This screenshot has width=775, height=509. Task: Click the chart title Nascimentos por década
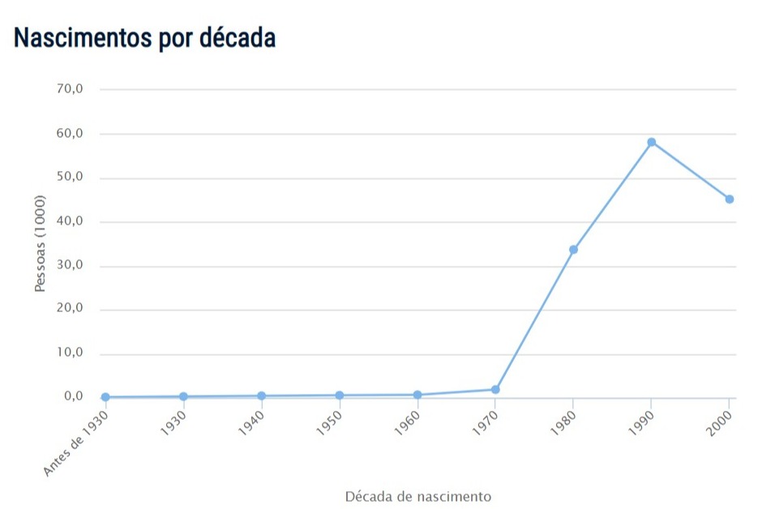pos(145,37)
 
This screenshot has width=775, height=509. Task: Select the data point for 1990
pos(651,143)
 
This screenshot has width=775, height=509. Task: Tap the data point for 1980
pos(573,250)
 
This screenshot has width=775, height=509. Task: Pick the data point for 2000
pos(730,199)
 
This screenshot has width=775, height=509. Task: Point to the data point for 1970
pos(495,390)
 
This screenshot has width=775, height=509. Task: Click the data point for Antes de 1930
pos(105,397)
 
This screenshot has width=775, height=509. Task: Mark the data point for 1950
pos(340,396)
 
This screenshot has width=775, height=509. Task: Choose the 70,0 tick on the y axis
pos(70,89)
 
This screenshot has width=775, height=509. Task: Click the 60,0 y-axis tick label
pos(70,133)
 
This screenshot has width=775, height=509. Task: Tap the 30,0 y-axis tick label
pos(70,265)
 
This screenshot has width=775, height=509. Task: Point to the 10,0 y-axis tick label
pos(70,353)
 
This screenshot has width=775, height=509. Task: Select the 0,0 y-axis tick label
pos(73,397)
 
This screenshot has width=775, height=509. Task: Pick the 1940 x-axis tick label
pos(251,422)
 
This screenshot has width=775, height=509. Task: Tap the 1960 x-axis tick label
pos(407,422)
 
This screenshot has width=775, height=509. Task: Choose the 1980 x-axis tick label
pos(563,422)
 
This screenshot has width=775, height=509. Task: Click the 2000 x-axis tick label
pos(720,422)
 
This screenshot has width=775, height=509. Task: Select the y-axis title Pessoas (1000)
pos(41,243)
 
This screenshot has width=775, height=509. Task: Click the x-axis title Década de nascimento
pos(417,496)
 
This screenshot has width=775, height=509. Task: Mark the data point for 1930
pos(183,396)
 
